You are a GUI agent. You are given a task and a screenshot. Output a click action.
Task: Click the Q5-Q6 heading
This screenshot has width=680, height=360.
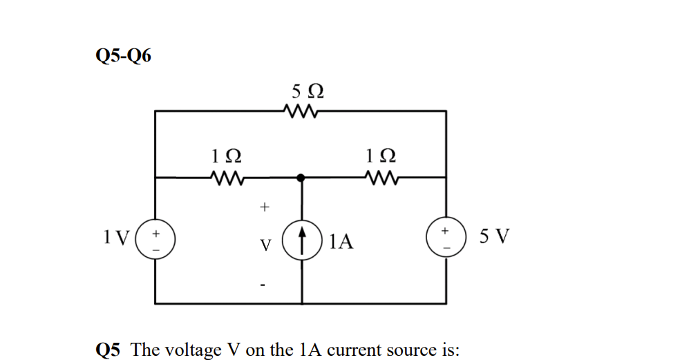[x=122, y=56]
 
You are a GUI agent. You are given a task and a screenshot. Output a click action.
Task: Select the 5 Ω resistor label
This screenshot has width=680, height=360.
[x=308, y=91]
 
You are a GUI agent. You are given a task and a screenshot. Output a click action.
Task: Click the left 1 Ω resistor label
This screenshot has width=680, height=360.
[x=226, y=158]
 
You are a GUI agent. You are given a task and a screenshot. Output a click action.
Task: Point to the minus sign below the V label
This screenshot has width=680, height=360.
[x=263, y=284]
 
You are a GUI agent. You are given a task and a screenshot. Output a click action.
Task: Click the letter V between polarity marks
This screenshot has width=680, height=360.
[x=266, y=245]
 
